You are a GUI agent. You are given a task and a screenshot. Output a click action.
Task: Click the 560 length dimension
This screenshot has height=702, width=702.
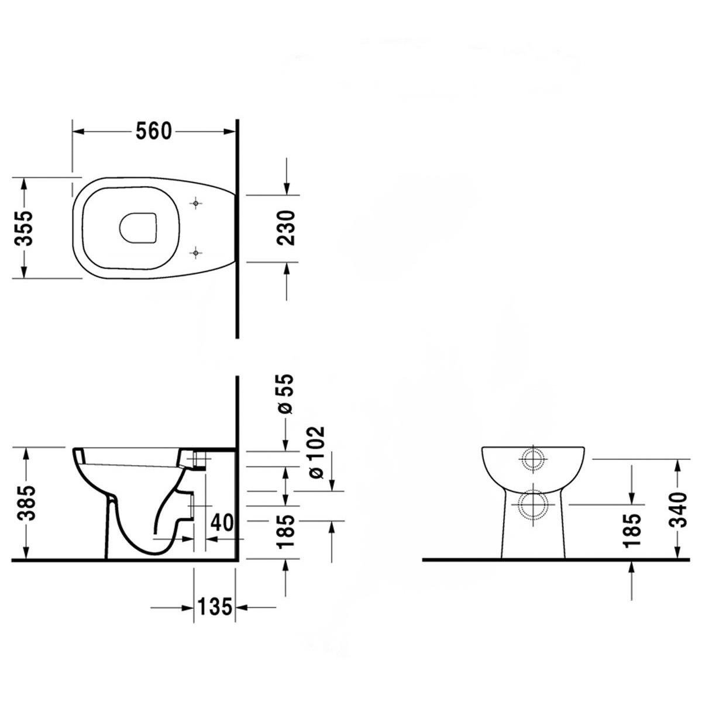pos(154,132)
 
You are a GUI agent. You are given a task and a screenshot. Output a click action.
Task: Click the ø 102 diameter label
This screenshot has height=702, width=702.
pos(315,452)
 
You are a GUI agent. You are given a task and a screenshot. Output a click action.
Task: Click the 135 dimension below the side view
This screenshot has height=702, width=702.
pos(214,608)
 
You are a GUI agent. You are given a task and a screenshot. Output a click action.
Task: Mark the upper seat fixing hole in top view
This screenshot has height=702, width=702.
pos(196,203)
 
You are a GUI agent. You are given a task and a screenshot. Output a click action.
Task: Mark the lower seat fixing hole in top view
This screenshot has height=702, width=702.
pos(196,253)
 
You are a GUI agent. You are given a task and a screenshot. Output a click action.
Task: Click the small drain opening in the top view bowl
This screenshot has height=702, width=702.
pos(139,228)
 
